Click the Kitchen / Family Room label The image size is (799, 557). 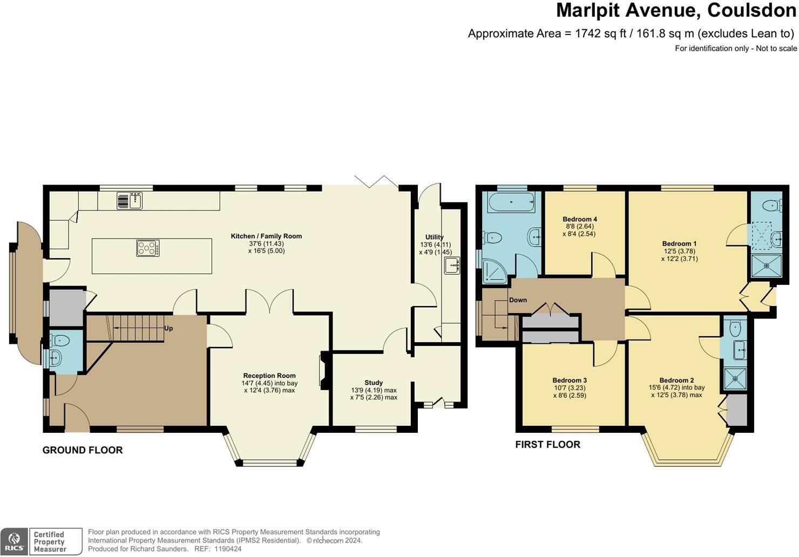[x=266, y=236]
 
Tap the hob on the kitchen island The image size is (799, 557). [x=148, y=248]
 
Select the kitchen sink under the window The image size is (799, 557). [x=130, y=200]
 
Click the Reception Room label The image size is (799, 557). [x=269, y=376]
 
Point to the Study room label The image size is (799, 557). [x=374, y=383]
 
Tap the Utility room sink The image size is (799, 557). [x=451, y=266]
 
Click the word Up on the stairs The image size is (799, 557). [x=168, y=328]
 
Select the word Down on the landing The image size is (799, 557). [x=518, y=300]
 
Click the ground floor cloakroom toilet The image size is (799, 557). [x=59, y=340]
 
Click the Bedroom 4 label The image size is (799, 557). [x=580, y=219]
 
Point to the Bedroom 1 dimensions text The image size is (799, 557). [x=679, y=255]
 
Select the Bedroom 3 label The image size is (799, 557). [x=570, y=380]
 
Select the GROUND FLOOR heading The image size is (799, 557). [x=83, y=450]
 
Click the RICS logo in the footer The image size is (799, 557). [x=15, y=541]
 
